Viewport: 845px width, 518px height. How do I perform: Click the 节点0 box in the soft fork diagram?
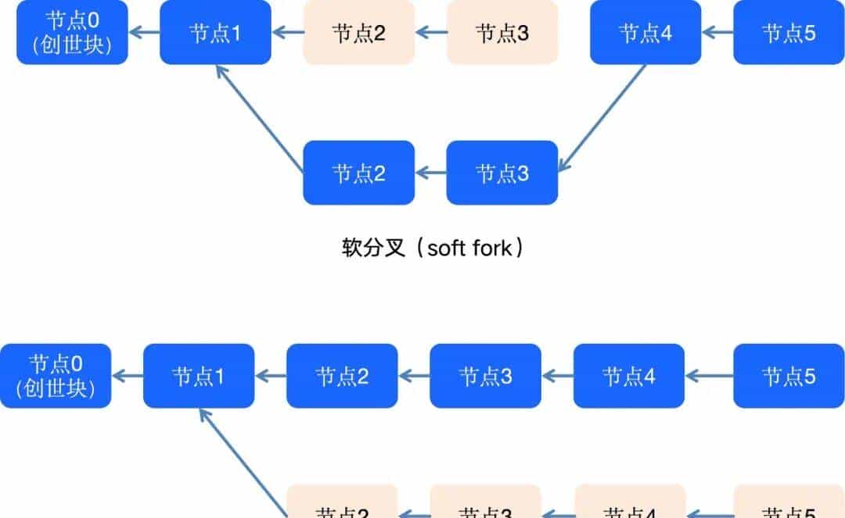(72, 33)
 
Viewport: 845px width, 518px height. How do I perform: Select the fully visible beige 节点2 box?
(358, 33)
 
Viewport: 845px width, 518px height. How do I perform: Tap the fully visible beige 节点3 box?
(502, 33)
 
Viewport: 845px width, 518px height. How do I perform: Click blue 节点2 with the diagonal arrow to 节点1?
(358, 173)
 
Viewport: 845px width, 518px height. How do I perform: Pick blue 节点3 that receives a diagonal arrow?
(502, 173)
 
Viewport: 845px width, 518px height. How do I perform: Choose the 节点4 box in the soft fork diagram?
(645, 33)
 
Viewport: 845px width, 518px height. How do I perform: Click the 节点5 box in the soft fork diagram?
(789, 33)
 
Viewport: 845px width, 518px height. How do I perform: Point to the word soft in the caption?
(447, 248)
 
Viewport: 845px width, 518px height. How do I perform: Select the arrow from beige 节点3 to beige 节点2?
(431, 33)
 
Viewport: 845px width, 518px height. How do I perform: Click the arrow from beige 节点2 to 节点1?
(288, 33)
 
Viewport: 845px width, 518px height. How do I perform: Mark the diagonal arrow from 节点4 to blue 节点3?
(602, 118)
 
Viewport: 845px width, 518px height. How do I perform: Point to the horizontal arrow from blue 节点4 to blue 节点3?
(557, 376)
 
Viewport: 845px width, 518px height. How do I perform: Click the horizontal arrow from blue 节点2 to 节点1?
(271, 376)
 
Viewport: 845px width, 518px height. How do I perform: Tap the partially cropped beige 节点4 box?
(630, 502)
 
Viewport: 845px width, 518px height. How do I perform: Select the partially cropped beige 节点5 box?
(789, 502)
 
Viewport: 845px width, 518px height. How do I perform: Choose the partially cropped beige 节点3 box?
(486, 502)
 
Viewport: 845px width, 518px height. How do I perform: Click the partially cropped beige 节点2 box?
(342, 502)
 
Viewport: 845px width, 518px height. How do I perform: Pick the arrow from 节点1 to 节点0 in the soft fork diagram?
(145, 33)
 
